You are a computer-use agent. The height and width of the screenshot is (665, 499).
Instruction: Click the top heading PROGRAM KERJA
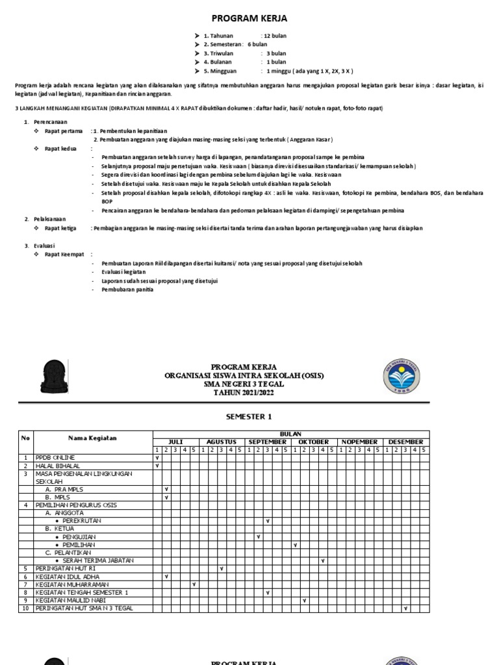[249, 18]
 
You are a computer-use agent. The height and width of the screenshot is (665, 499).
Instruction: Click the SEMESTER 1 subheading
[249, 416]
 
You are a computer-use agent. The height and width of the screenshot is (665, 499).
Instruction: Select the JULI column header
[175, 442]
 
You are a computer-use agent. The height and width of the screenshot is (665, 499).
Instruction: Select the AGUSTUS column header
[222, 442]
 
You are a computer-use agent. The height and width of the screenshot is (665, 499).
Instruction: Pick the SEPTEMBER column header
[268, 442]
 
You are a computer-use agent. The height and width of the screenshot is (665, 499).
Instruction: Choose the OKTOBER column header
[314, 442]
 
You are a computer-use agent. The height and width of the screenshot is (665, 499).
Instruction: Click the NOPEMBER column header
[360, 442]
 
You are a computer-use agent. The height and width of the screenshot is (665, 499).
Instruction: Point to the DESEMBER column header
[406, 442]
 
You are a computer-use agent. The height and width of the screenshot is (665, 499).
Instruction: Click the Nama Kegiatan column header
[92, 438]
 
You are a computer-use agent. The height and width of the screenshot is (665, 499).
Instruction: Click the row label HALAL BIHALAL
[59, 466]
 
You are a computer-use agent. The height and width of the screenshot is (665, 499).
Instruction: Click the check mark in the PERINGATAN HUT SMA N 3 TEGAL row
[405, 609]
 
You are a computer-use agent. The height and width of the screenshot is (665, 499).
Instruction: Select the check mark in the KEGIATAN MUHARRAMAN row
[194, 584]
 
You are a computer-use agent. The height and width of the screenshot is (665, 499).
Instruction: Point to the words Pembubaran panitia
[127, 290]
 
